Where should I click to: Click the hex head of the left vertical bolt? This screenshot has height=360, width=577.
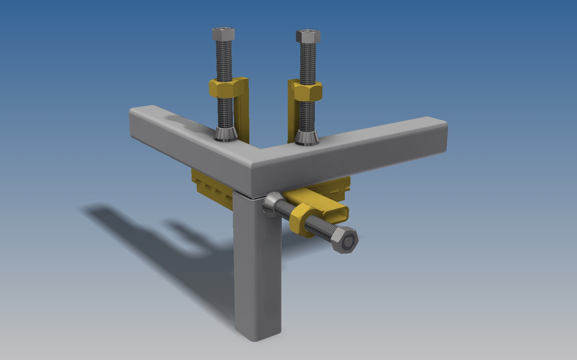coord(223,34)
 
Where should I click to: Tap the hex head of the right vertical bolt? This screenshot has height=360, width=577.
coord(308,36)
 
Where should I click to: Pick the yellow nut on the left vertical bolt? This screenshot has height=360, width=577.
coord(224,89)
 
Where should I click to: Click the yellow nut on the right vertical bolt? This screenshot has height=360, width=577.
coord(308,91)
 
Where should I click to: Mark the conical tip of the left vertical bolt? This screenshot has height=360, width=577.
coord(225,134)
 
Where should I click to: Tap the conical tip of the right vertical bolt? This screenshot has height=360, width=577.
coord(307,137)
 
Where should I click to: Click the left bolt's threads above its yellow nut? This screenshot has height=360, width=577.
coord(224,60)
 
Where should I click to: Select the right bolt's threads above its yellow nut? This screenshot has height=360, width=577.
coord(308,63)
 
